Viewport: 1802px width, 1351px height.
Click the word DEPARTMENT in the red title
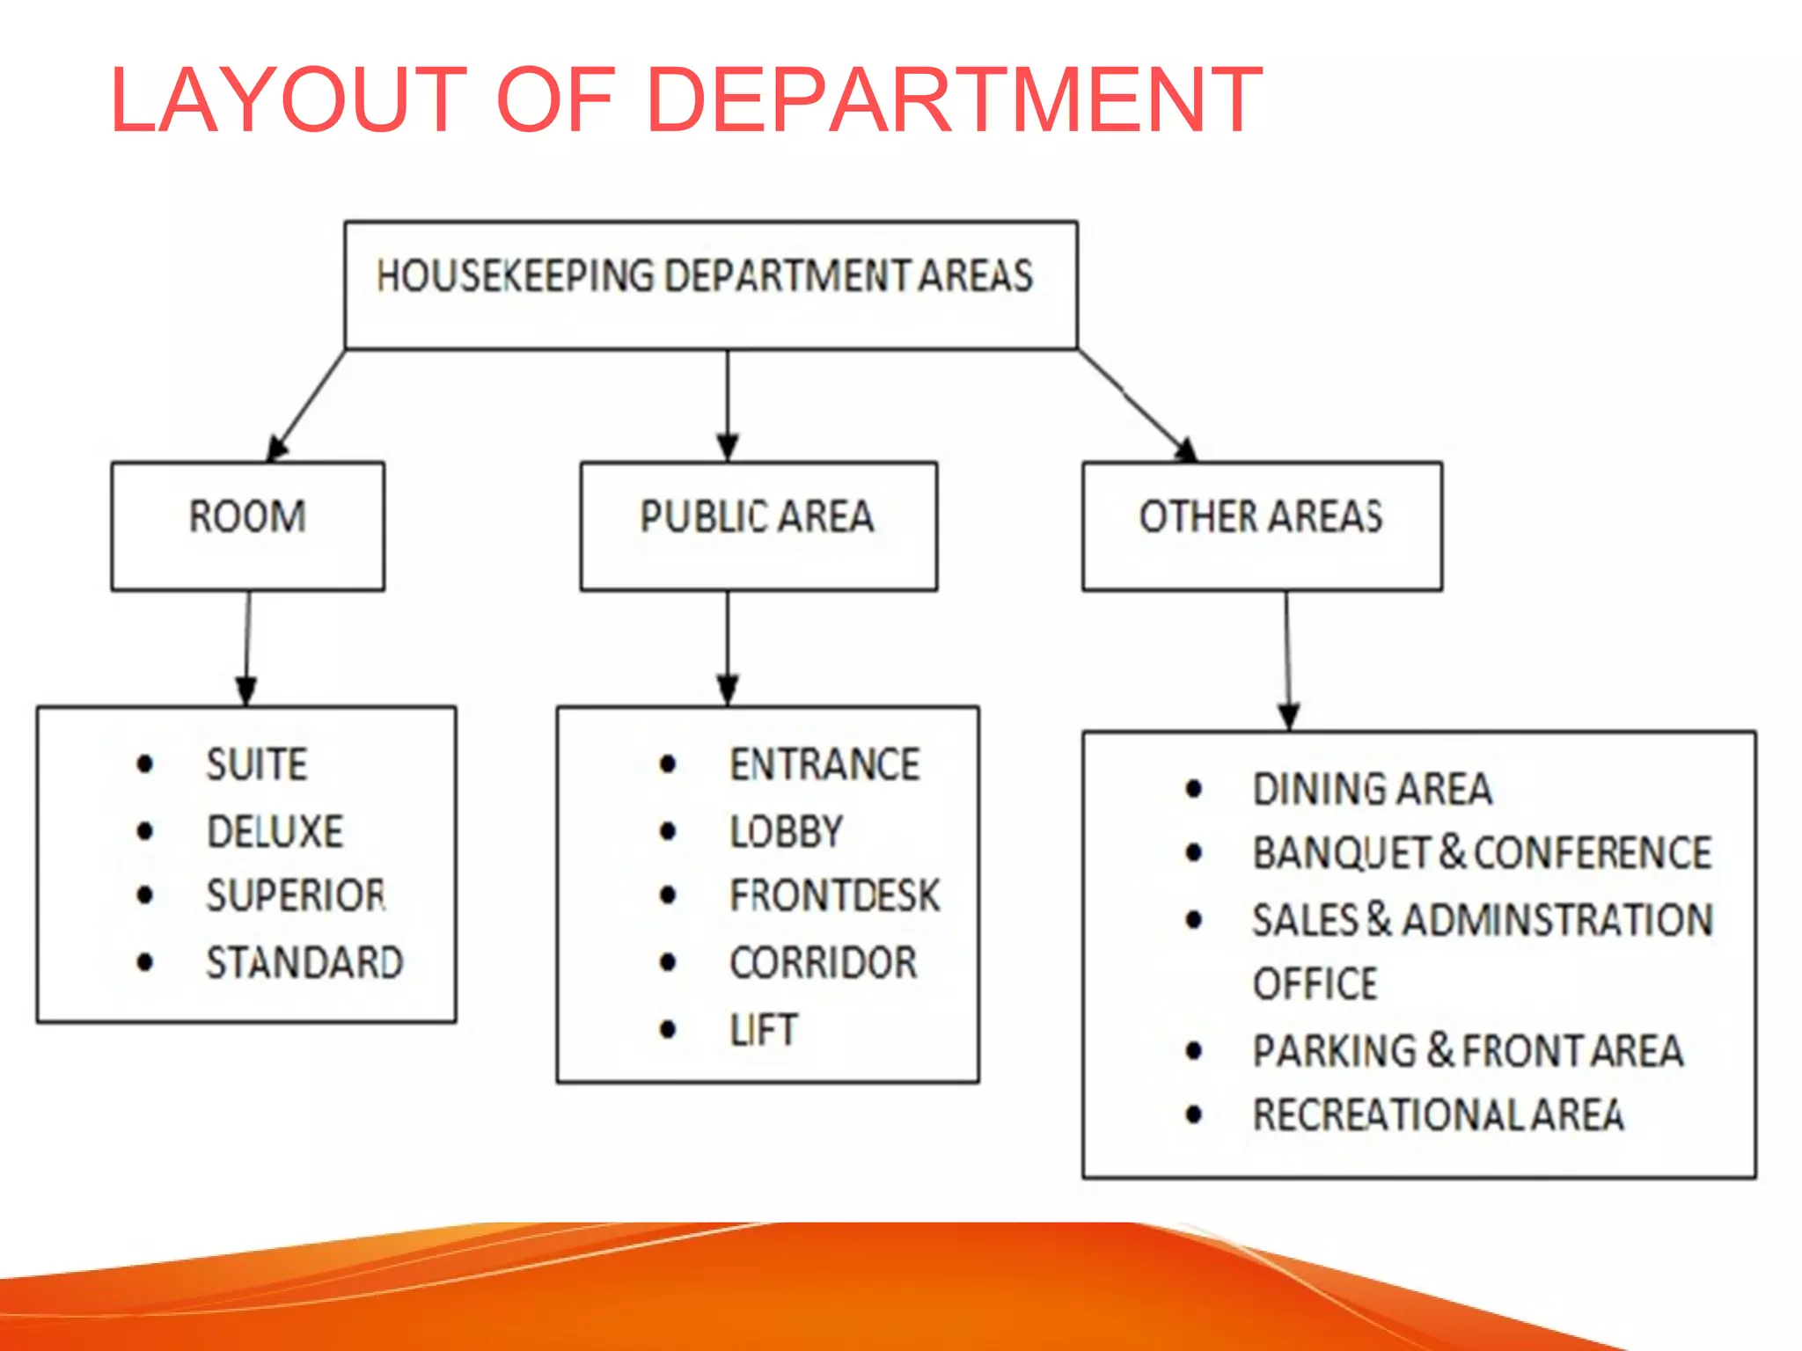point(955,100)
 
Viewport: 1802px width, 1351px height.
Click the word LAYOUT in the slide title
point(288,100)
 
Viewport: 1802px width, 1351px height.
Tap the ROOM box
point(247,524)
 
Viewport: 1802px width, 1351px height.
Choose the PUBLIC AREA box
point(758,524)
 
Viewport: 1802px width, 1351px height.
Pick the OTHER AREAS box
point(1261,524)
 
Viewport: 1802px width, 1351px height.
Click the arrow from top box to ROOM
point(307,405)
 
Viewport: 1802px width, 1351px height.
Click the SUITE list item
point(257,763)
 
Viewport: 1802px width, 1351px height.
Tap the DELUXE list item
point(275,831)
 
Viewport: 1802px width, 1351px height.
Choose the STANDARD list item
point(304,962)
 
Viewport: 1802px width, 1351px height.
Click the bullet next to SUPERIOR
point(145,895)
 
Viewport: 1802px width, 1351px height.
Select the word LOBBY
point(786,831)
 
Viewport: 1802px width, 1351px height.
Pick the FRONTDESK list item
point(834,895)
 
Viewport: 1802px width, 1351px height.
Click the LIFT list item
point(764,1029)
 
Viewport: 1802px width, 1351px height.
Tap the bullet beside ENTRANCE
point(668,763)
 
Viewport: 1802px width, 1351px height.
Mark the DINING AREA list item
point(1372,788)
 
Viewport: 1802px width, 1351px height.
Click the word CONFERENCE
point(1593,852)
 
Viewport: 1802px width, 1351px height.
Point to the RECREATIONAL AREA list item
point(1438,1114)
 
